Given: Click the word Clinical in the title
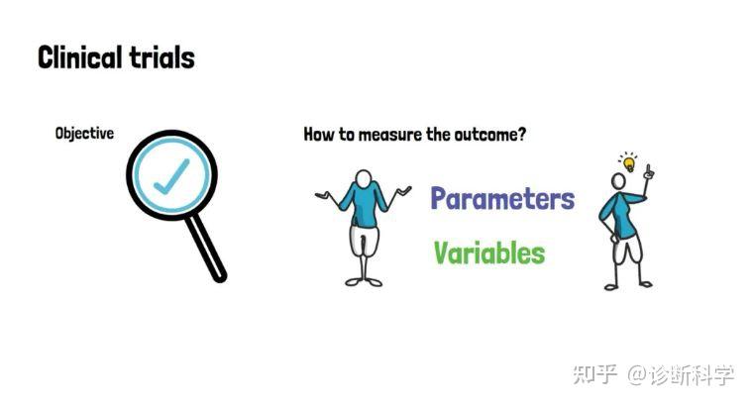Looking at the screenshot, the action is coord(79,58).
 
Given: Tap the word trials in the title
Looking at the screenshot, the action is coord(161,58).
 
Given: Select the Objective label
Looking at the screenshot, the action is coord(84,134).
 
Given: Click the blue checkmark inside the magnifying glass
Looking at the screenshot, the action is coord(171,176).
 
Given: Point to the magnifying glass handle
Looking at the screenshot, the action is coord(206,248).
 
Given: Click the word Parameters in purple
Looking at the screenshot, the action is coord(502,199).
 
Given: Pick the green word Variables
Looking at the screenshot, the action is coord(489,253).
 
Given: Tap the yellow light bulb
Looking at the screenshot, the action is coord(628,164).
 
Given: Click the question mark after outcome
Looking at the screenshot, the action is coord(522,135).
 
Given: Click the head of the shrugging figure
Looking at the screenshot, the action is coord(363,179).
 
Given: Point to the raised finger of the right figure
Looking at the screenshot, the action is coord(649,170).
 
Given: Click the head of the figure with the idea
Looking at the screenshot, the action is coord(618,181).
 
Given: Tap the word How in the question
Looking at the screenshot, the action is coord(319,135).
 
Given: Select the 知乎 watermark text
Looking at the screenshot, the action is coord(595,374).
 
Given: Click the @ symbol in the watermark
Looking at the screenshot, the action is coord(637,374).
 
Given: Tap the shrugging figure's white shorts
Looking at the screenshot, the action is coord(364,241).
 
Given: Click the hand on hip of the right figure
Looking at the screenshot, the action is coord(613,238).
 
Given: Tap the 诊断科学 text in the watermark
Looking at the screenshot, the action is coord(692,374).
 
